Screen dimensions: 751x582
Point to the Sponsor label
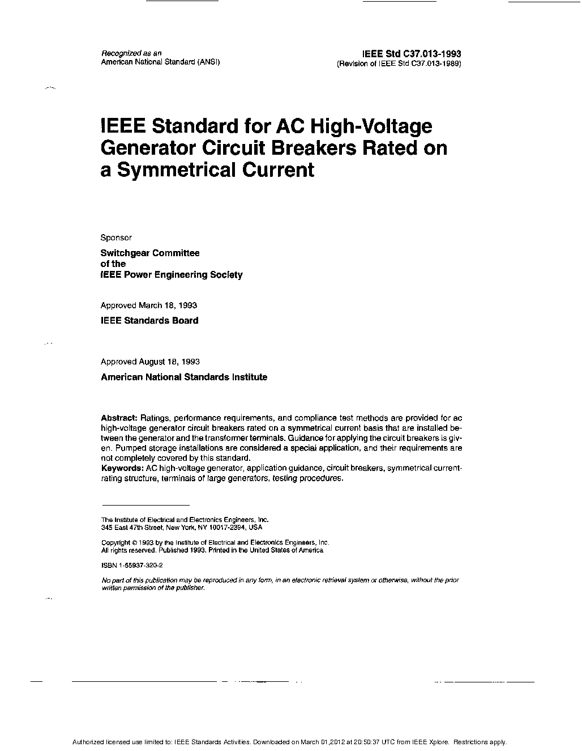[116, 237]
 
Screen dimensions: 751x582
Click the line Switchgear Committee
[150, 253]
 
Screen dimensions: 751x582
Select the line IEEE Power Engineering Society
[172, 274]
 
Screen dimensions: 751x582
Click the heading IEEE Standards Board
[149, 320]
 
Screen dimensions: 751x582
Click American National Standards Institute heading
[184, 376]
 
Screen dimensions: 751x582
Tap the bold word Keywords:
[122, 468]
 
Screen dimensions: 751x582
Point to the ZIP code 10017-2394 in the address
[229, 527]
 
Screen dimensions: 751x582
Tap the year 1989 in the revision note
[450, 63]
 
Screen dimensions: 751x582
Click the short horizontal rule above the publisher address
[145, 504]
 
